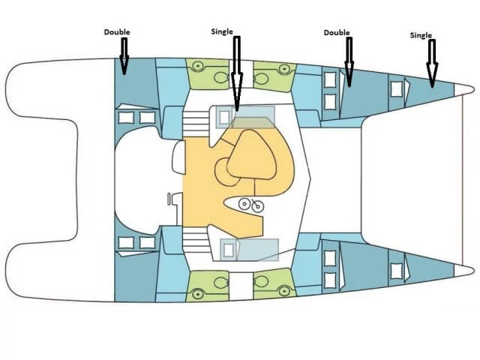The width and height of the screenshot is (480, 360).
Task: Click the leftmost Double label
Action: (117, 32)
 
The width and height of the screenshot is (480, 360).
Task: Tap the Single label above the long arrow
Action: (222, 31)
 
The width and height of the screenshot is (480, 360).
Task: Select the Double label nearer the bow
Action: (337, 32)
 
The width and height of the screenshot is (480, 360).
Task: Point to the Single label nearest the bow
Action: (421, 35)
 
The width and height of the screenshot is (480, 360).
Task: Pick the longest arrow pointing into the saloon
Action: (237, 73)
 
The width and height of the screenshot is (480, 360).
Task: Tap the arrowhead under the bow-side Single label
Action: (432, 75)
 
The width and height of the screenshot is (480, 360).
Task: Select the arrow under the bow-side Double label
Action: (349, 61)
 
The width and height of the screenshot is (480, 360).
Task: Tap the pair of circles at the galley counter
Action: (251, 205)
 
